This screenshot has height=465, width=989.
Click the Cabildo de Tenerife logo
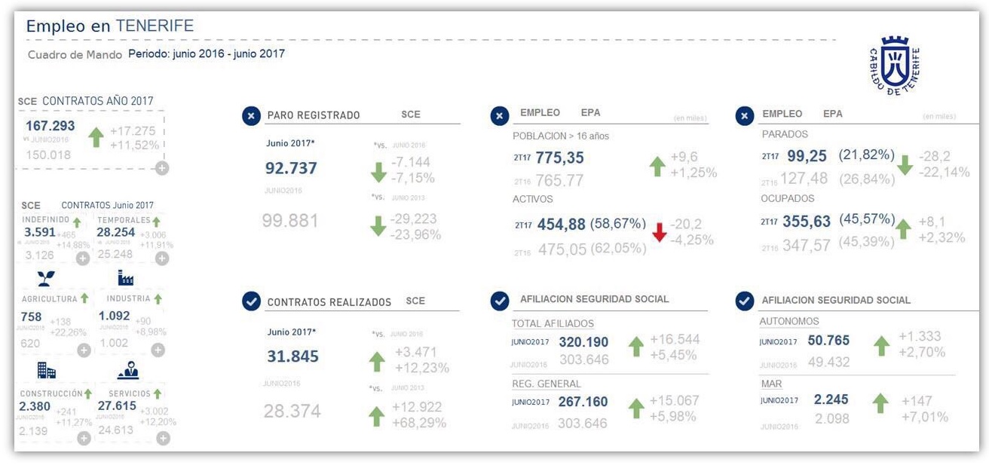coord(894,66)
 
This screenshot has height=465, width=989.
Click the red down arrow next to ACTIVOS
coord(660,231)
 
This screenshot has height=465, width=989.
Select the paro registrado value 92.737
coord(291,168)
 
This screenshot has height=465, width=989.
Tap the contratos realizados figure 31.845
coord(292,356)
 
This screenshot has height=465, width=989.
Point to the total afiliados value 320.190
coord(583,342)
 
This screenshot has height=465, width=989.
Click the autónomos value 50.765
coord(828,340)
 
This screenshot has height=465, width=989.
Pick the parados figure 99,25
coord(807,156)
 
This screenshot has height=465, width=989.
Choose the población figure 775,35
coord(559,158)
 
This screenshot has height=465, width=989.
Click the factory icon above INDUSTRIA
coord(126,278)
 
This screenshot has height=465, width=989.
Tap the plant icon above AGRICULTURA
coord(46,279)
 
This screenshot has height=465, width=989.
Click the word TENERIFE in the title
coord(155,26)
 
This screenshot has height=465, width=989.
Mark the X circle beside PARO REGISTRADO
coord(251,115)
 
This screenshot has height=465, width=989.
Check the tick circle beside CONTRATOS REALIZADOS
coord(251,301)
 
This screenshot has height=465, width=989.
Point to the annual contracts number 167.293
coord(51,126)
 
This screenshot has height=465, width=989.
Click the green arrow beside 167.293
coord(96,137)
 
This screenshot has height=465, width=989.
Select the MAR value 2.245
coord(831,399)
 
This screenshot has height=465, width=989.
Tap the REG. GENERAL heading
coord(547,384)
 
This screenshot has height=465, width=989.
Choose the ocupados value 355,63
coord(807,222)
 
